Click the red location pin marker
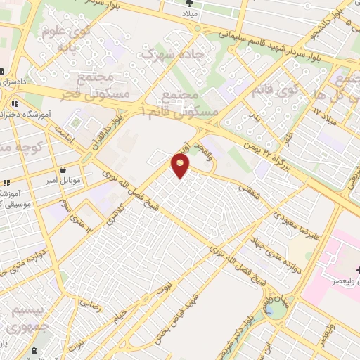182,166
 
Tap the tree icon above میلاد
188,4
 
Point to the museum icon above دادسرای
3,72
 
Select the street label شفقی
249,188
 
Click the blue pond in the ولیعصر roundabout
269,308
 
